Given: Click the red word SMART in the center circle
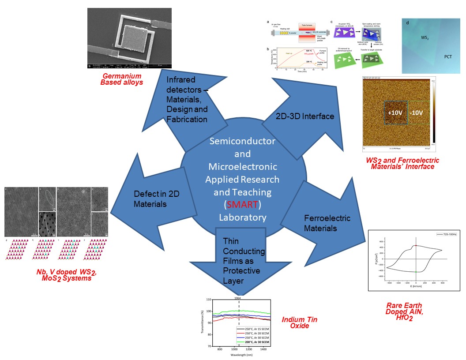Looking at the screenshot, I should tap(242, 205).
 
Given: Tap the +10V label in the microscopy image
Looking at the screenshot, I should tap(395, 112).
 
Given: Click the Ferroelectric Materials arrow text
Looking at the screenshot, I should tap(327, 223).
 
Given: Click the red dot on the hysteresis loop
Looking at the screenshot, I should tap(416, 245).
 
